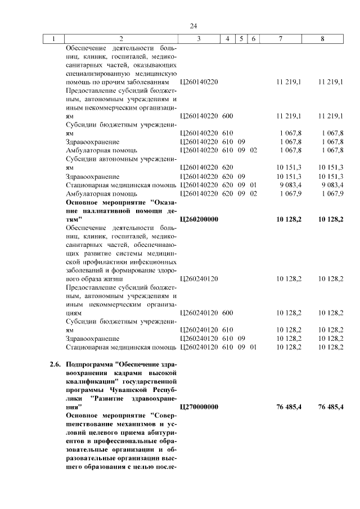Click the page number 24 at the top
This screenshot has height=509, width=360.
(x=193, y=26)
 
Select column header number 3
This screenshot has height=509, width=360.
(x=199, y=39)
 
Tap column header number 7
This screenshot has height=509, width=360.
(x=281, y=39)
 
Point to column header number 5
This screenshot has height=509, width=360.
(x=241, y=39)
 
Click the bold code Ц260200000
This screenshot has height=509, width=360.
(x=199, y=218)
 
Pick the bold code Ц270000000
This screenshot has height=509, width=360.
(x=199, y=407)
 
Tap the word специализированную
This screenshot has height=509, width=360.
(x=94, y=74)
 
